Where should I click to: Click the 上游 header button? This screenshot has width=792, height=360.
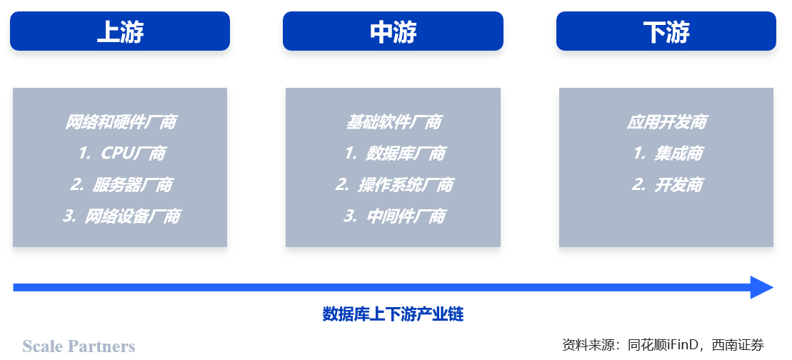click(120, 31)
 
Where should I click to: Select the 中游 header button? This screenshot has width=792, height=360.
click(393, 31)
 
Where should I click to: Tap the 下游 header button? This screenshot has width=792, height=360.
click(666, 31)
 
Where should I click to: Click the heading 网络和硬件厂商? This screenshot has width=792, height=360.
click(120, 122)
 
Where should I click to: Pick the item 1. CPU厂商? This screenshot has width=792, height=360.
click(121, 154)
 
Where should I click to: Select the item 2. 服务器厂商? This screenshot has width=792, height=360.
click(121, 185)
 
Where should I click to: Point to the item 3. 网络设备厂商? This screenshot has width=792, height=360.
click(121, 216)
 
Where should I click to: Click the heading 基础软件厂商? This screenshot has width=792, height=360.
click(394, 122)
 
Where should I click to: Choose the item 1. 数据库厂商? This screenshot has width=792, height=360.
click(394, 154)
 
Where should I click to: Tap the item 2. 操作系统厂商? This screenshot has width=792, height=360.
click(394, 185)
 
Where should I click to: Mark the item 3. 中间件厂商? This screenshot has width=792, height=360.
click(394, 216)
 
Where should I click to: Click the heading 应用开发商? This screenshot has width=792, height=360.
click(667, 122)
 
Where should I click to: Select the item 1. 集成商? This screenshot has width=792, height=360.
click(668, 154)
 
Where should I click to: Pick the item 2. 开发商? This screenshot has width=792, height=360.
click(667, 185)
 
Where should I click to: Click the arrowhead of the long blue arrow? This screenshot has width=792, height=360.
click(762, 287)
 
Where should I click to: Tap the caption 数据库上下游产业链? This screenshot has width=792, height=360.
click(393, 314)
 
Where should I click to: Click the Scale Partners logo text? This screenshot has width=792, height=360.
click(79, 346)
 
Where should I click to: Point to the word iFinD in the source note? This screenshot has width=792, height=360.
click(683, 345)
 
